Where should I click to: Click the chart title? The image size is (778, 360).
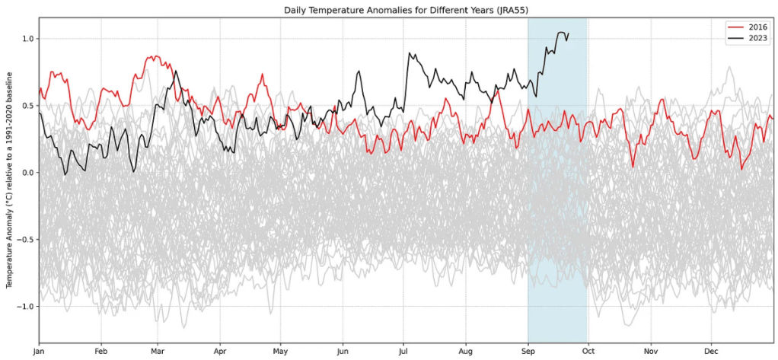coord(407,9)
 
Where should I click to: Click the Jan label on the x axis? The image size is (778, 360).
coord(39,352)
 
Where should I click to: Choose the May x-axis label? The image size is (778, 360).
coord(281,352)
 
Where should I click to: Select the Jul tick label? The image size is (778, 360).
coord(403,352)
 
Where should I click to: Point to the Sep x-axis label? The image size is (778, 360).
coord(528,352)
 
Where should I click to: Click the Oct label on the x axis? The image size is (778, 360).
coord(588,352)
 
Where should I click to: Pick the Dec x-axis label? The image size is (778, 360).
coord(711,352)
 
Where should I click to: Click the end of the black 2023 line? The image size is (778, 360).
coord(568,33)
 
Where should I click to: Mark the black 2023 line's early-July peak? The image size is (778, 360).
coord(410,53)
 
